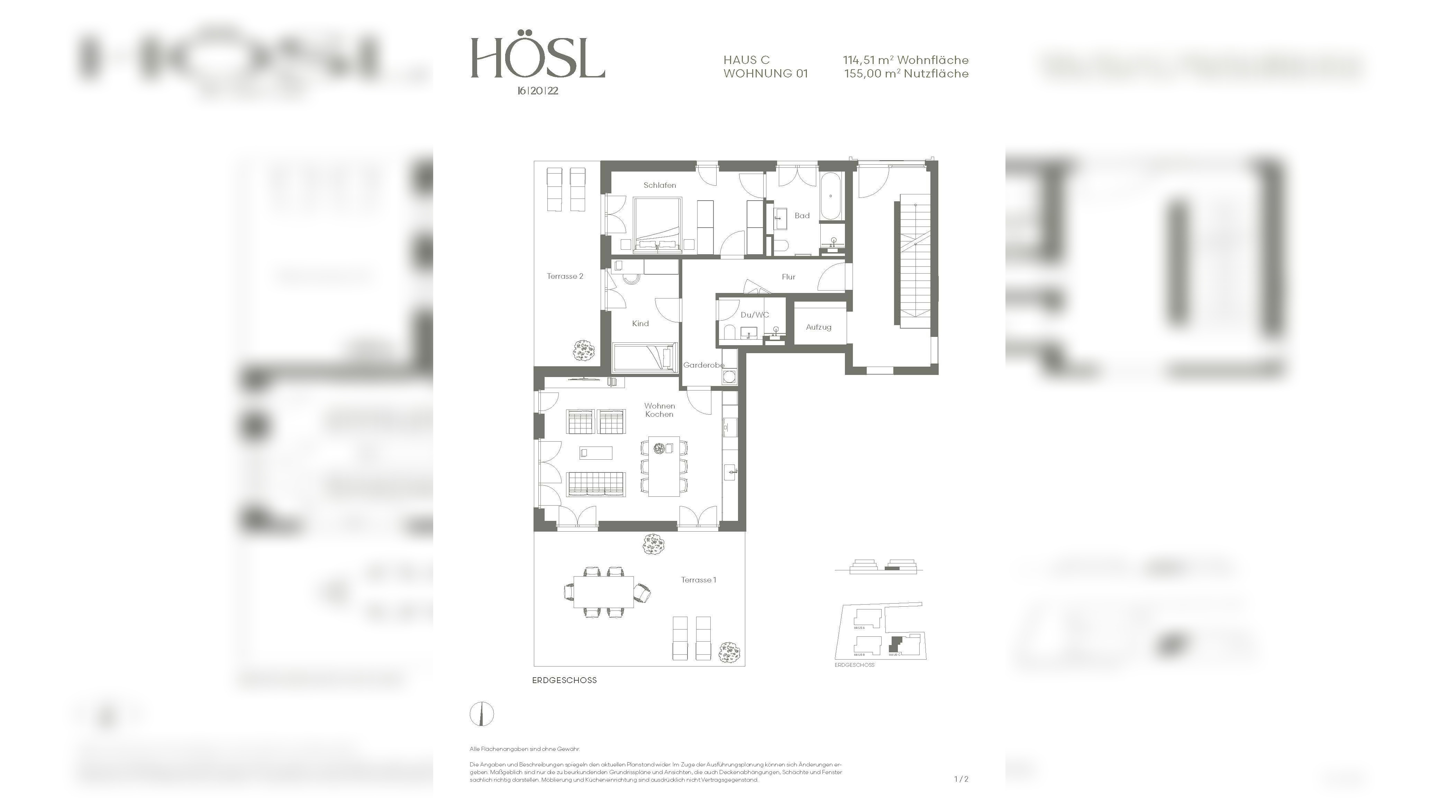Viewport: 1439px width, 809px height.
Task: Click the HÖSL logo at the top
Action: [x=537, y=58]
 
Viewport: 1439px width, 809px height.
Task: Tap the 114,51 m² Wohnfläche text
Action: [x=905, y=60]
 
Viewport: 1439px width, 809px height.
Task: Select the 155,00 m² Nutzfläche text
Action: [x=906, y=74]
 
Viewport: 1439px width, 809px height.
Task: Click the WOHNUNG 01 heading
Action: [x=765, y=74]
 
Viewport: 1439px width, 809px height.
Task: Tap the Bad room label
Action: [x=802, y=215]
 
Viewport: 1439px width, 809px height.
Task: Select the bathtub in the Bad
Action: [x=831, y=196]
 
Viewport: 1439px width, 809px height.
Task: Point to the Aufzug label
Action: [x=818, y=327]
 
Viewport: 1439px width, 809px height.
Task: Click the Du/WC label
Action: [x=754, y=315]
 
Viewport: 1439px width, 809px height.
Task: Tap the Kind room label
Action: [x=640, y=324]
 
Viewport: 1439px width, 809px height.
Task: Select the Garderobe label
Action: [x=703, y=365]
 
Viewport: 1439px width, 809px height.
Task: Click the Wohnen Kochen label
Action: [x=659, y=410]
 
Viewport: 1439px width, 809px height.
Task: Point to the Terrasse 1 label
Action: [x=698, y=580]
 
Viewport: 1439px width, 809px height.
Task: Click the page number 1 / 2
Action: [x=961, y=779]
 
